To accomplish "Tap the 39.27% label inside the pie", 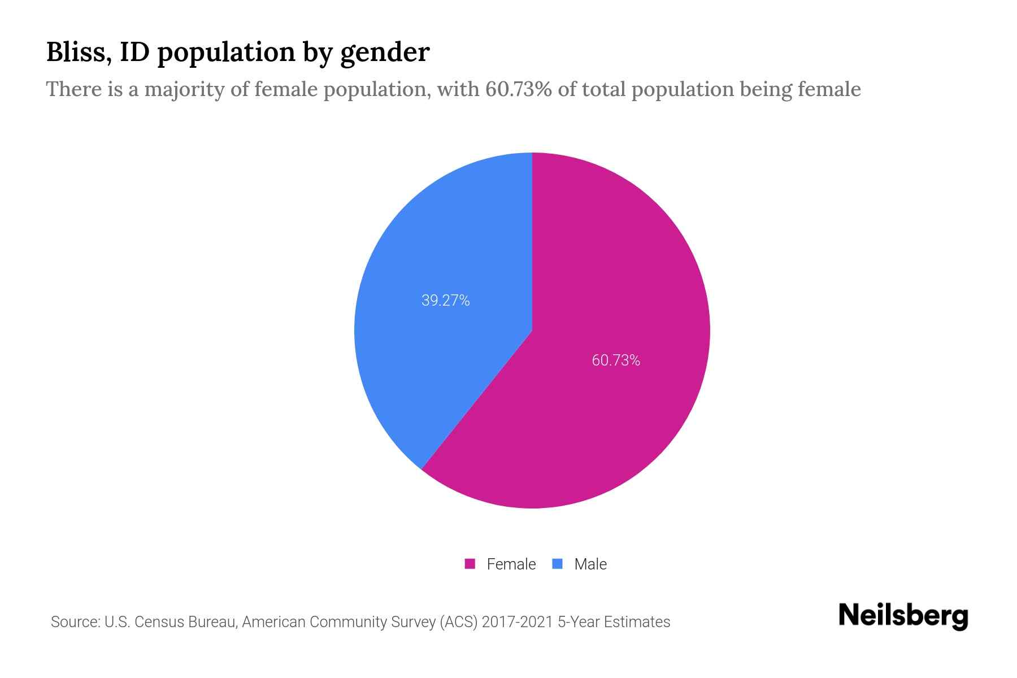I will pos(445,301).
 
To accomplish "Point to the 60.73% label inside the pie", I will pos(616,360).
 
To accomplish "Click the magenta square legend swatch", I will pos(470,564).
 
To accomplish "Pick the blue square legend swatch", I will pos(558,564).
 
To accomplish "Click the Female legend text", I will pos(511,564).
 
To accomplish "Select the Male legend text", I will pos(590,564).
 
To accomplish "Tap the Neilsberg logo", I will pos(903,616).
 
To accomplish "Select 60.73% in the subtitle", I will pos(518,89).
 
